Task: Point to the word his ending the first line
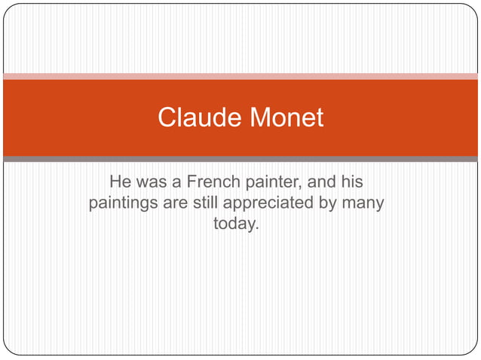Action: tap(352, 182)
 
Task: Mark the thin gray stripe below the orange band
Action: tap(240, 159)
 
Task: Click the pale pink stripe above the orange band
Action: tap(240, 76)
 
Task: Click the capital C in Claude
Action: tap(167, 117)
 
